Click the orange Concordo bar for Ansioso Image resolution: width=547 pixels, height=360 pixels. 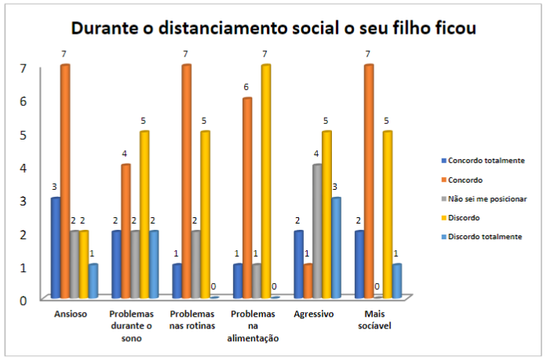65,180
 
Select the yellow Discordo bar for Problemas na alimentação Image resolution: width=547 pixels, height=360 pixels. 265,180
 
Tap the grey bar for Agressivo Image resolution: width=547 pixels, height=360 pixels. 315,231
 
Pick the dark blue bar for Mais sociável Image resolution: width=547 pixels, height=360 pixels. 359,264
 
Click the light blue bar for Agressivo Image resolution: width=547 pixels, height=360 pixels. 335,247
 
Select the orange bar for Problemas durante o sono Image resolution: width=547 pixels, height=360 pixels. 126,231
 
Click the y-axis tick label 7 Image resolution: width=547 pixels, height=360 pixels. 24,68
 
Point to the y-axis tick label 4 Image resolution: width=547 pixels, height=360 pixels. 24,168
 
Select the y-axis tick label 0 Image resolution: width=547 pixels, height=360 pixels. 24,300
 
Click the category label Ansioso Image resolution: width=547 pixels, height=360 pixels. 71,314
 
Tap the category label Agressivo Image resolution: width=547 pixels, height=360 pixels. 315,314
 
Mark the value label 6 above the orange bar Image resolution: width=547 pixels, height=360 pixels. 246,87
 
